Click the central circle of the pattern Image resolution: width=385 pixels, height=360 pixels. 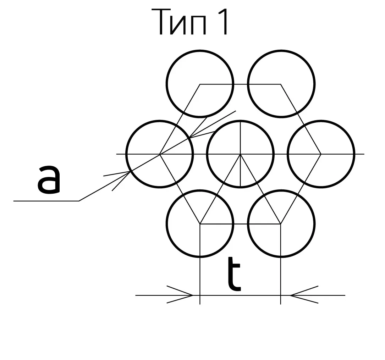coord(241,154)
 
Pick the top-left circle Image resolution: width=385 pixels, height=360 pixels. coord(200,84)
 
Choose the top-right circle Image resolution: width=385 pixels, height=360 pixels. coord(281,84)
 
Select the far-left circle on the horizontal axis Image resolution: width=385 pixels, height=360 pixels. coord(159,154)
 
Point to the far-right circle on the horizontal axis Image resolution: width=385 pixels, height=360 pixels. coord(321,154)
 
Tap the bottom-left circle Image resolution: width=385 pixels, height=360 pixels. coord(200,224)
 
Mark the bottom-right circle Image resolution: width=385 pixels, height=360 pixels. coord(281,224)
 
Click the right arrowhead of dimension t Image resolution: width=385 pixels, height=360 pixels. coord(293,295)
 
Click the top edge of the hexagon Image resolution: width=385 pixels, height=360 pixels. coord(241,84)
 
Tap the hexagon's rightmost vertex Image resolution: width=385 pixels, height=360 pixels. coord(321,154)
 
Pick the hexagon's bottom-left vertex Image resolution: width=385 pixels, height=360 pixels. coord(200,224)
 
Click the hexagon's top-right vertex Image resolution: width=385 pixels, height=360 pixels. coord(281,84)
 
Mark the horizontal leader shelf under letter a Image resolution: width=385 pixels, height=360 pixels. coord(46,201)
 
